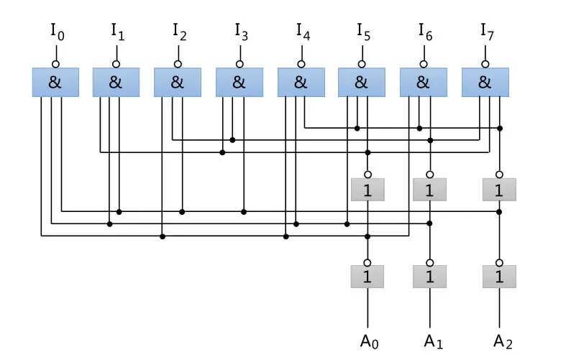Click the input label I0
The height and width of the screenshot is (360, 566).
(x=58, y=32)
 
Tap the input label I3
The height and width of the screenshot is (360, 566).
(x=242, y=32)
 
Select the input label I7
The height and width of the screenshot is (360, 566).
(x=487, y=32)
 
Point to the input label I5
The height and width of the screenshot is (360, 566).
(x=364, y=32)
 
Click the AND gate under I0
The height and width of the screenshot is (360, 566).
(x=55, y=82)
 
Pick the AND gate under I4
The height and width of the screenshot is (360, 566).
(x=301, y=82)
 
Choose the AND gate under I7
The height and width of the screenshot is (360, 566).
(x=485, y=82)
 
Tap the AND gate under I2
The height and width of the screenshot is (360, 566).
(x=178, y=82)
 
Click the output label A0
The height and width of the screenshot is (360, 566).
(x=369, y=341)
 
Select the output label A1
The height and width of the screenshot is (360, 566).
(x=433, y=341)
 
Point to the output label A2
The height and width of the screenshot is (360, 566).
(x=503, y=341)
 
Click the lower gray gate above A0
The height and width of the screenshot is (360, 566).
(x=368, y=277)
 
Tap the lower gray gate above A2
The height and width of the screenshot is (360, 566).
(x=499, y=277)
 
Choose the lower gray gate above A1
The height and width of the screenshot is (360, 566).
(x=429, y=277)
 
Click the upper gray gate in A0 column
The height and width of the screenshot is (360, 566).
(x=368, y=190)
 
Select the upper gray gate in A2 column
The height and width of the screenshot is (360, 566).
(x=499, y=190)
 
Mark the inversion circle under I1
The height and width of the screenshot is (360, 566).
(x=117, y=64)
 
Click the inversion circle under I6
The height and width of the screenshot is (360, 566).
(x=424, y=64)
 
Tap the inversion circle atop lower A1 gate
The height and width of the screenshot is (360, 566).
(x=429, y=262)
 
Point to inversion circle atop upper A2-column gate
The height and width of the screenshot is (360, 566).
(x=499, y=175)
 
